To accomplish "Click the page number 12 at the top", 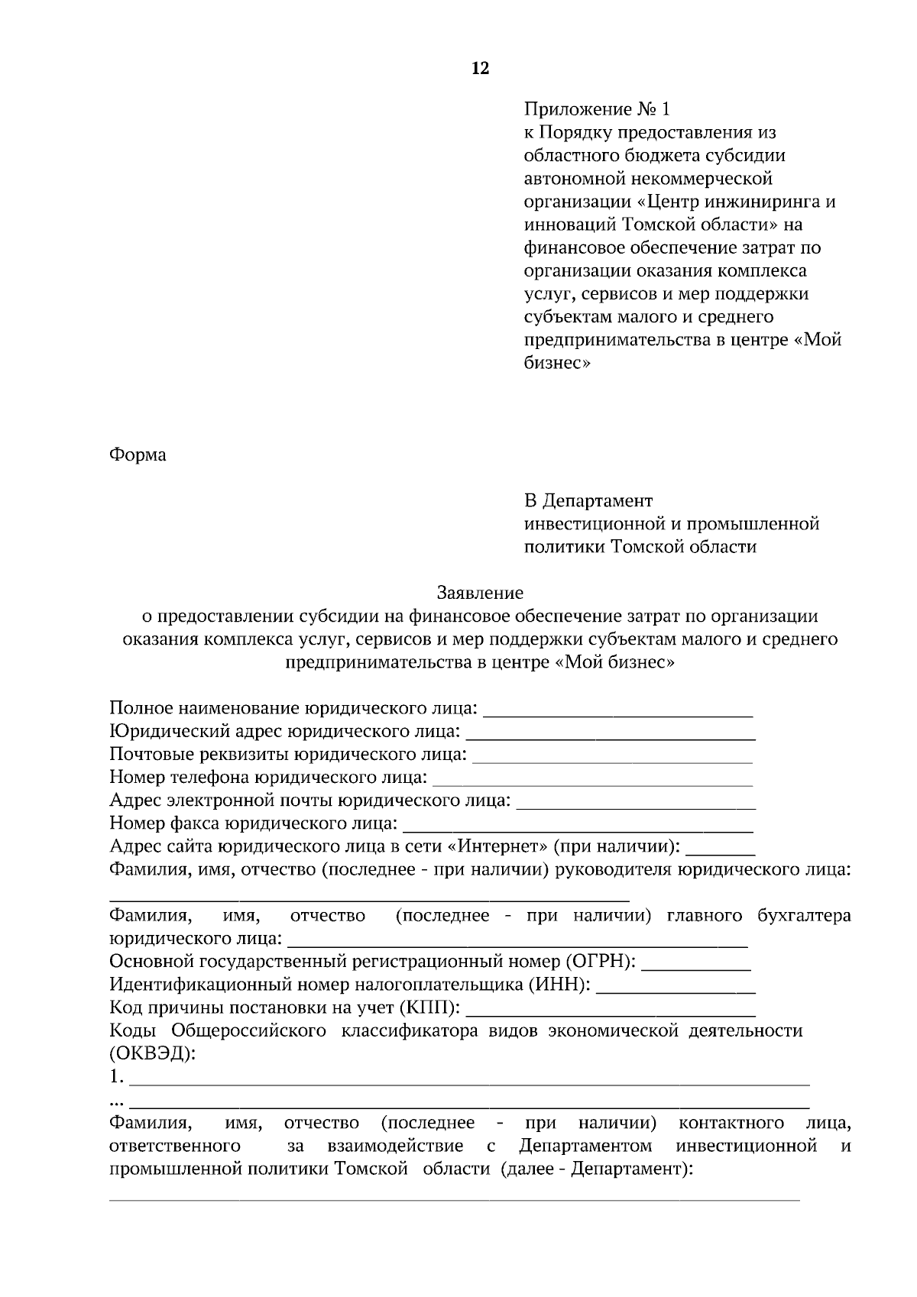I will tap(480, 69).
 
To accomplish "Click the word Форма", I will tap(138, 455).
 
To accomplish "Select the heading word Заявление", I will tap(480, 593).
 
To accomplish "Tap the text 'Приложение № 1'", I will tap(596, 109).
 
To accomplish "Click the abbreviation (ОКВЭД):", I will tap(153, 1054).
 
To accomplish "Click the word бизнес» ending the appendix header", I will tap(557, 363).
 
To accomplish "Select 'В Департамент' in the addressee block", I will tap(588, 501).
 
